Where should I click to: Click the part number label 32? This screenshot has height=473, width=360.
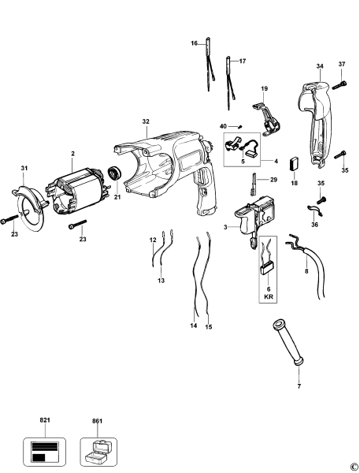coord(146,121)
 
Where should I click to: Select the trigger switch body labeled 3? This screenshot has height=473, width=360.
coord(256,217)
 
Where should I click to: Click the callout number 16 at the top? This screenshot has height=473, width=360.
coord(194,43)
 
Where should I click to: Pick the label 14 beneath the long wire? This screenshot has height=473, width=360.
coord(192,325)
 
